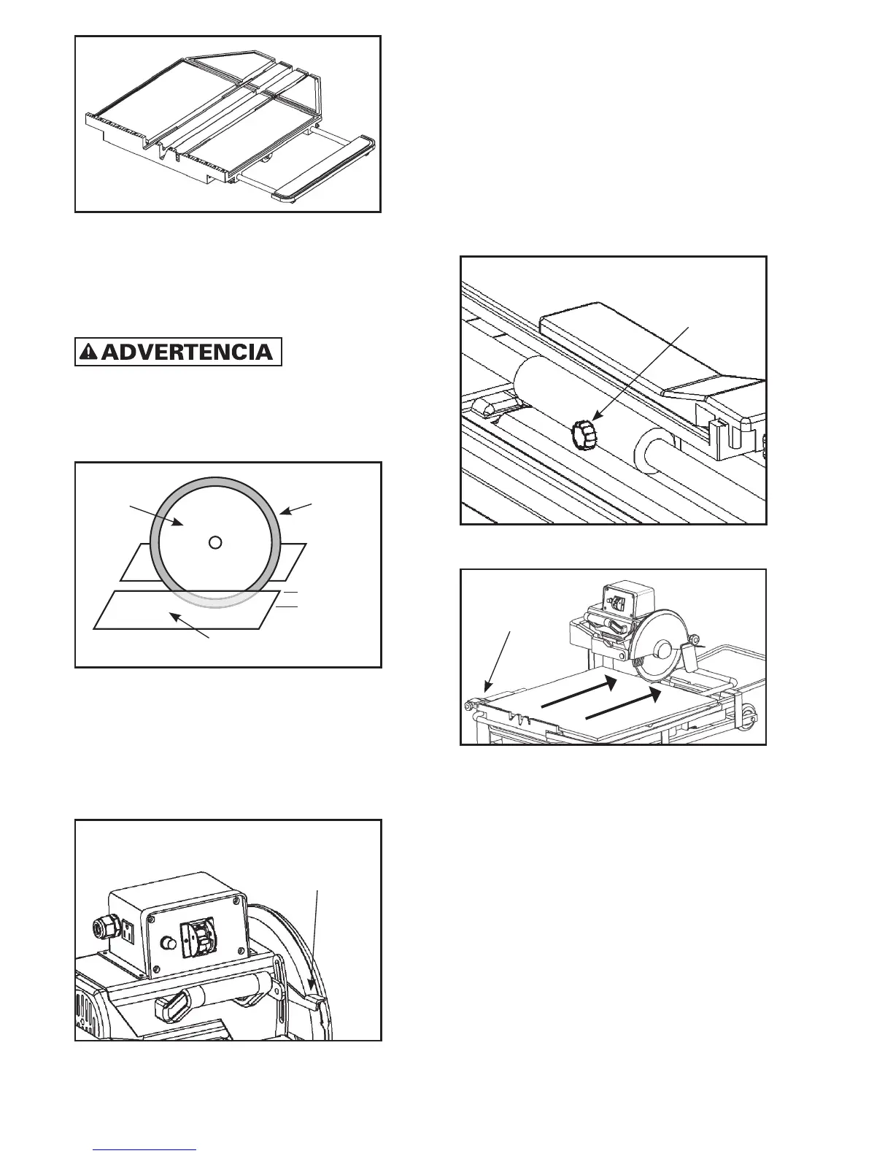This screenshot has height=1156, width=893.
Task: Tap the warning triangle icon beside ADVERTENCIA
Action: [88, 352]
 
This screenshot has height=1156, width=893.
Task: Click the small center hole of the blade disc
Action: [214, 542]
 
